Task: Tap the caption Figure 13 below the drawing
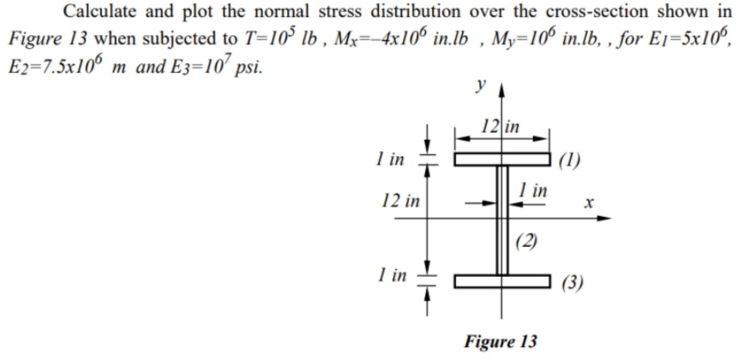[501, 342]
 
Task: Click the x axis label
[587, 204]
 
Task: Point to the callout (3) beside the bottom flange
[570, 283]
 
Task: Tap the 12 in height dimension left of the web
[400, 203]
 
